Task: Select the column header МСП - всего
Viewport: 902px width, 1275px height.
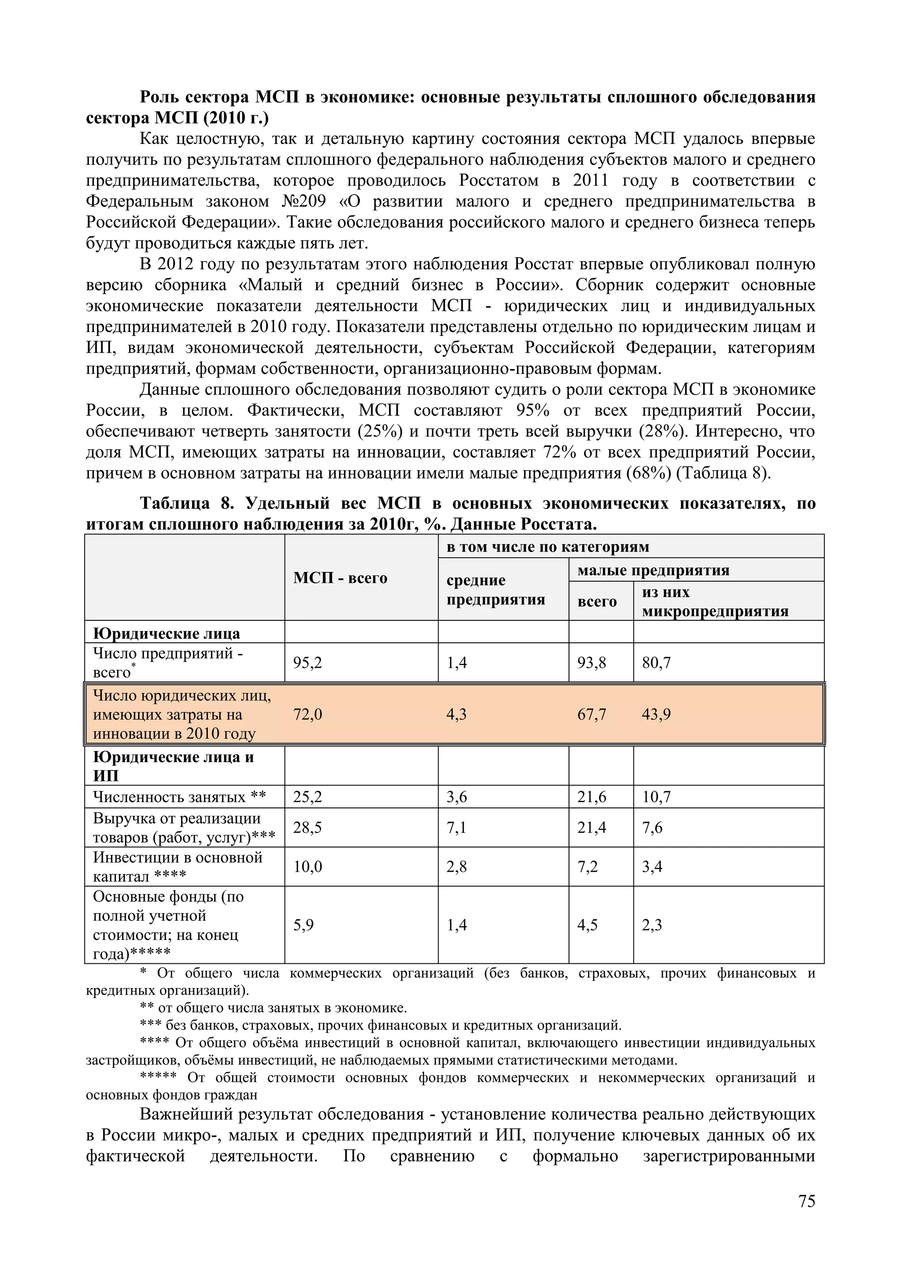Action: tap(340, 578)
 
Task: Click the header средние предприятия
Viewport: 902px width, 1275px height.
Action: tap(495, 590)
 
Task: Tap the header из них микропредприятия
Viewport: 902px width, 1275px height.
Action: tap(715, 601)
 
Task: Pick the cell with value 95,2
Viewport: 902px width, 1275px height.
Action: tap(308, 663)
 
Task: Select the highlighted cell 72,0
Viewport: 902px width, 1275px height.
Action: tap(308, 714)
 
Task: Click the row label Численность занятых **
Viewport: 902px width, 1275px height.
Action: tap(179, 797)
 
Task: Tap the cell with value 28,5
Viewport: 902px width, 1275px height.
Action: tap(308, 827)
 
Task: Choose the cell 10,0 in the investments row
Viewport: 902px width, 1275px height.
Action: tap(308, 866)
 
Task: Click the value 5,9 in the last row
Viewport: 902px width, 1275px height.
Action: tap(303, 925)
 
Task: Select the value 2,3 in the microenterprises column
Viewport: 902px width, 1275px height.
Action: tap(652, 925)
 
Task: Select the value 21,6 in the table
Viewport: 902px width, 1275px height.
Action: tap(591, 797)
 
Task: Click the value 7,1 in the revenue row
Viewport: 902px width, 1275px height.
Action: tap(457, 827)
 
